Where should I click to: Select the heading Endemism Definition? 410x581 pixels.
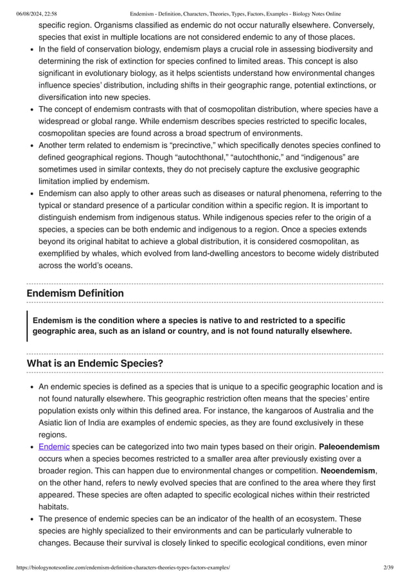point(75,293)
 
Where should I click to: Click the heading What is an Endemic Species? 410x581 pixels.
point(94,364)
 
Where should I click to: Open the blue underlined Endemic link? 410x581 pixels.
point(54,447)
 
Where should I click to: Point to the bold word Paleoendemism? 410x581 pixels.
point(349,447)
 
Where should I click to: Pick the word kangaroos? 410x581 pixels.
point(298,410)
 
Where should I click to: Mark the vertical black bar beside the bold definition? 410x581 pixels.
point(28,326)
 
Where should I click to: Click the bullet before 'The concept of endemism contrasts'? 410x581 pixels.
point(31,109)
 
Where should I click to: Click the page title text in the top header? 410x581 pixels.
point(235,14)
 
